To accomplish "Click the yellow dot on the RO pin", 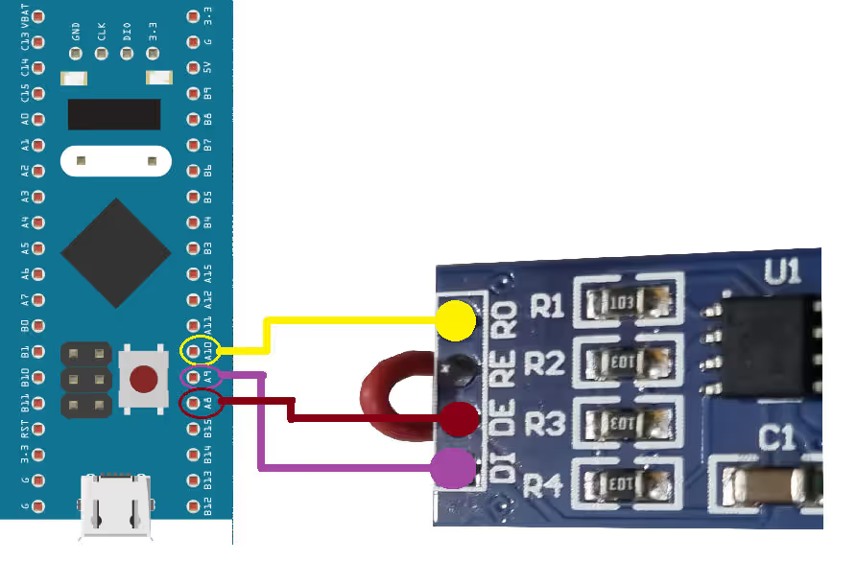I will pyautogui.click(x=455, y=321).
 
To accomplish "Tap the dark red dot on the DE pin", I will pyautogui.click(x=459, y=419).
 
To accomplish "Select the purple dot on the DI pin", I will pyautogui.click(x=453, y=469).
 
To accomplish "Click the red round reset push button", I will pyautogui.click(x=144, y=379).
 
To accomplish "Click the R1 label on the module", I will pyautogui.click(x=546, y=307).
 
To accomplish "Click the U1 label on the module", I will pyautogui.click(x=782, y=273).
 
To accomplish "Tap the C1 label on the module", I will pyautogui.click(x=777, y=439).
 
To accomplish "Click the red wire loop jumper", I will pyautogui.click(x=393, y=397).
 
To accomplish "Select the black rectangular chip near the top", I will pyautogui.click(x=113, y=114).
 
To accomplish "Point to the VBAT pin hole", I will pyautogui.click(x=39, y=16).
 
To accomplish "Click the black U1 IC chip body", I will pyautogui.click(x=768, y=340).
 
